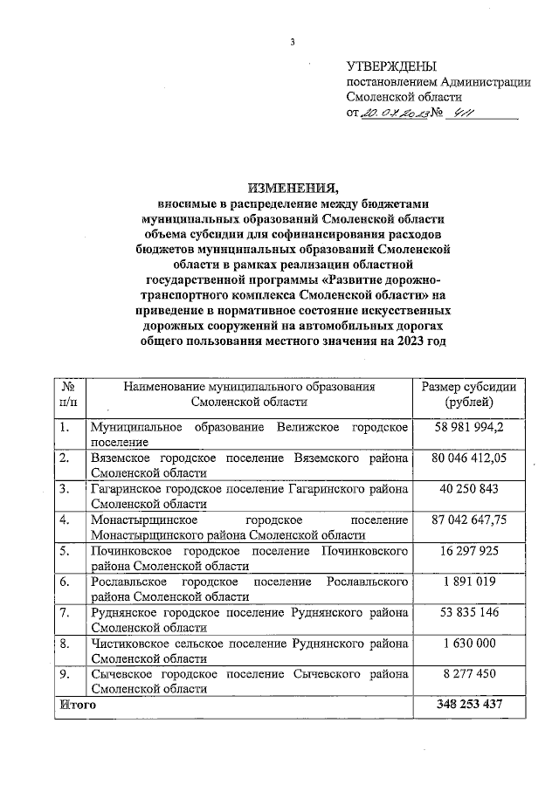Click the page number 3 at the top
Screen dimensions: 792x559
coord(293,43)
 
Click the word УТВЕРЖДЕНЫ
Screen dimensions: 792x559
coord(390,66)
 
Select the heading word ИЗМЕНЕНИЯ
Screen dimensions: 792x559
coord(293,188)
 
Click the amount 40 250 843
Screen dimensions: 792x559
coord(468,489)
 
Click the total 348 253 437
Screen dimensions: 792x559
coord(468,704)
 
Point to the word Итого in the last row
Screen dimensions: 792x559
coord(77,704)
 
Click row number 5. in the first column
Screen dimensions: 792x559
coord(65,552)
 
